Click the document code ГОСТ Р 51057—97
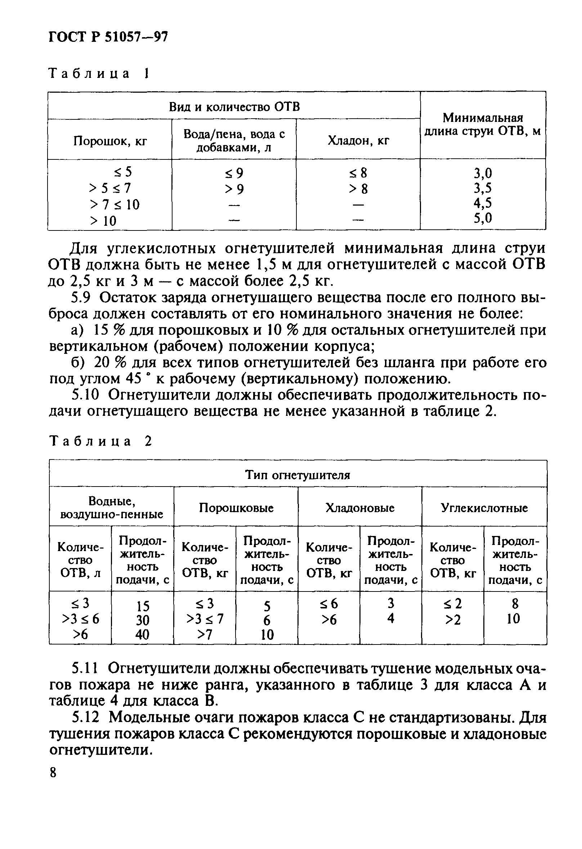(x=108, y=37)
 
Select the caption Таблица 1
(x=99, y=74)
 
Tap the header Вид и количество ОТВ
(x=234, y=107)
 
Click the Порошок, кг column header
(x=110, y=141)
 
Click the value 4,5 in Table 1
(x=483, y=202)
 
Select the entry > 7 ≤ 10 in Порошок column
(x=114, y=204)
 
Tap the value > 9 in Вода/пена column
(x=234, y=189)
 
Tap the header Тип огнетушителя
(x=297, y=475)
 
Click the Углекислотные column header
(x=484, y=508)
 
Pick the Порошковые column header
(x=236, y=508)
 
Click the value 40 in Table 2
(x=142, y=634)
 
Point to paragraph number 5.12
(x=85, y=718)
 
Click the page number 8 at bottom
(x=53, y=773)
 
